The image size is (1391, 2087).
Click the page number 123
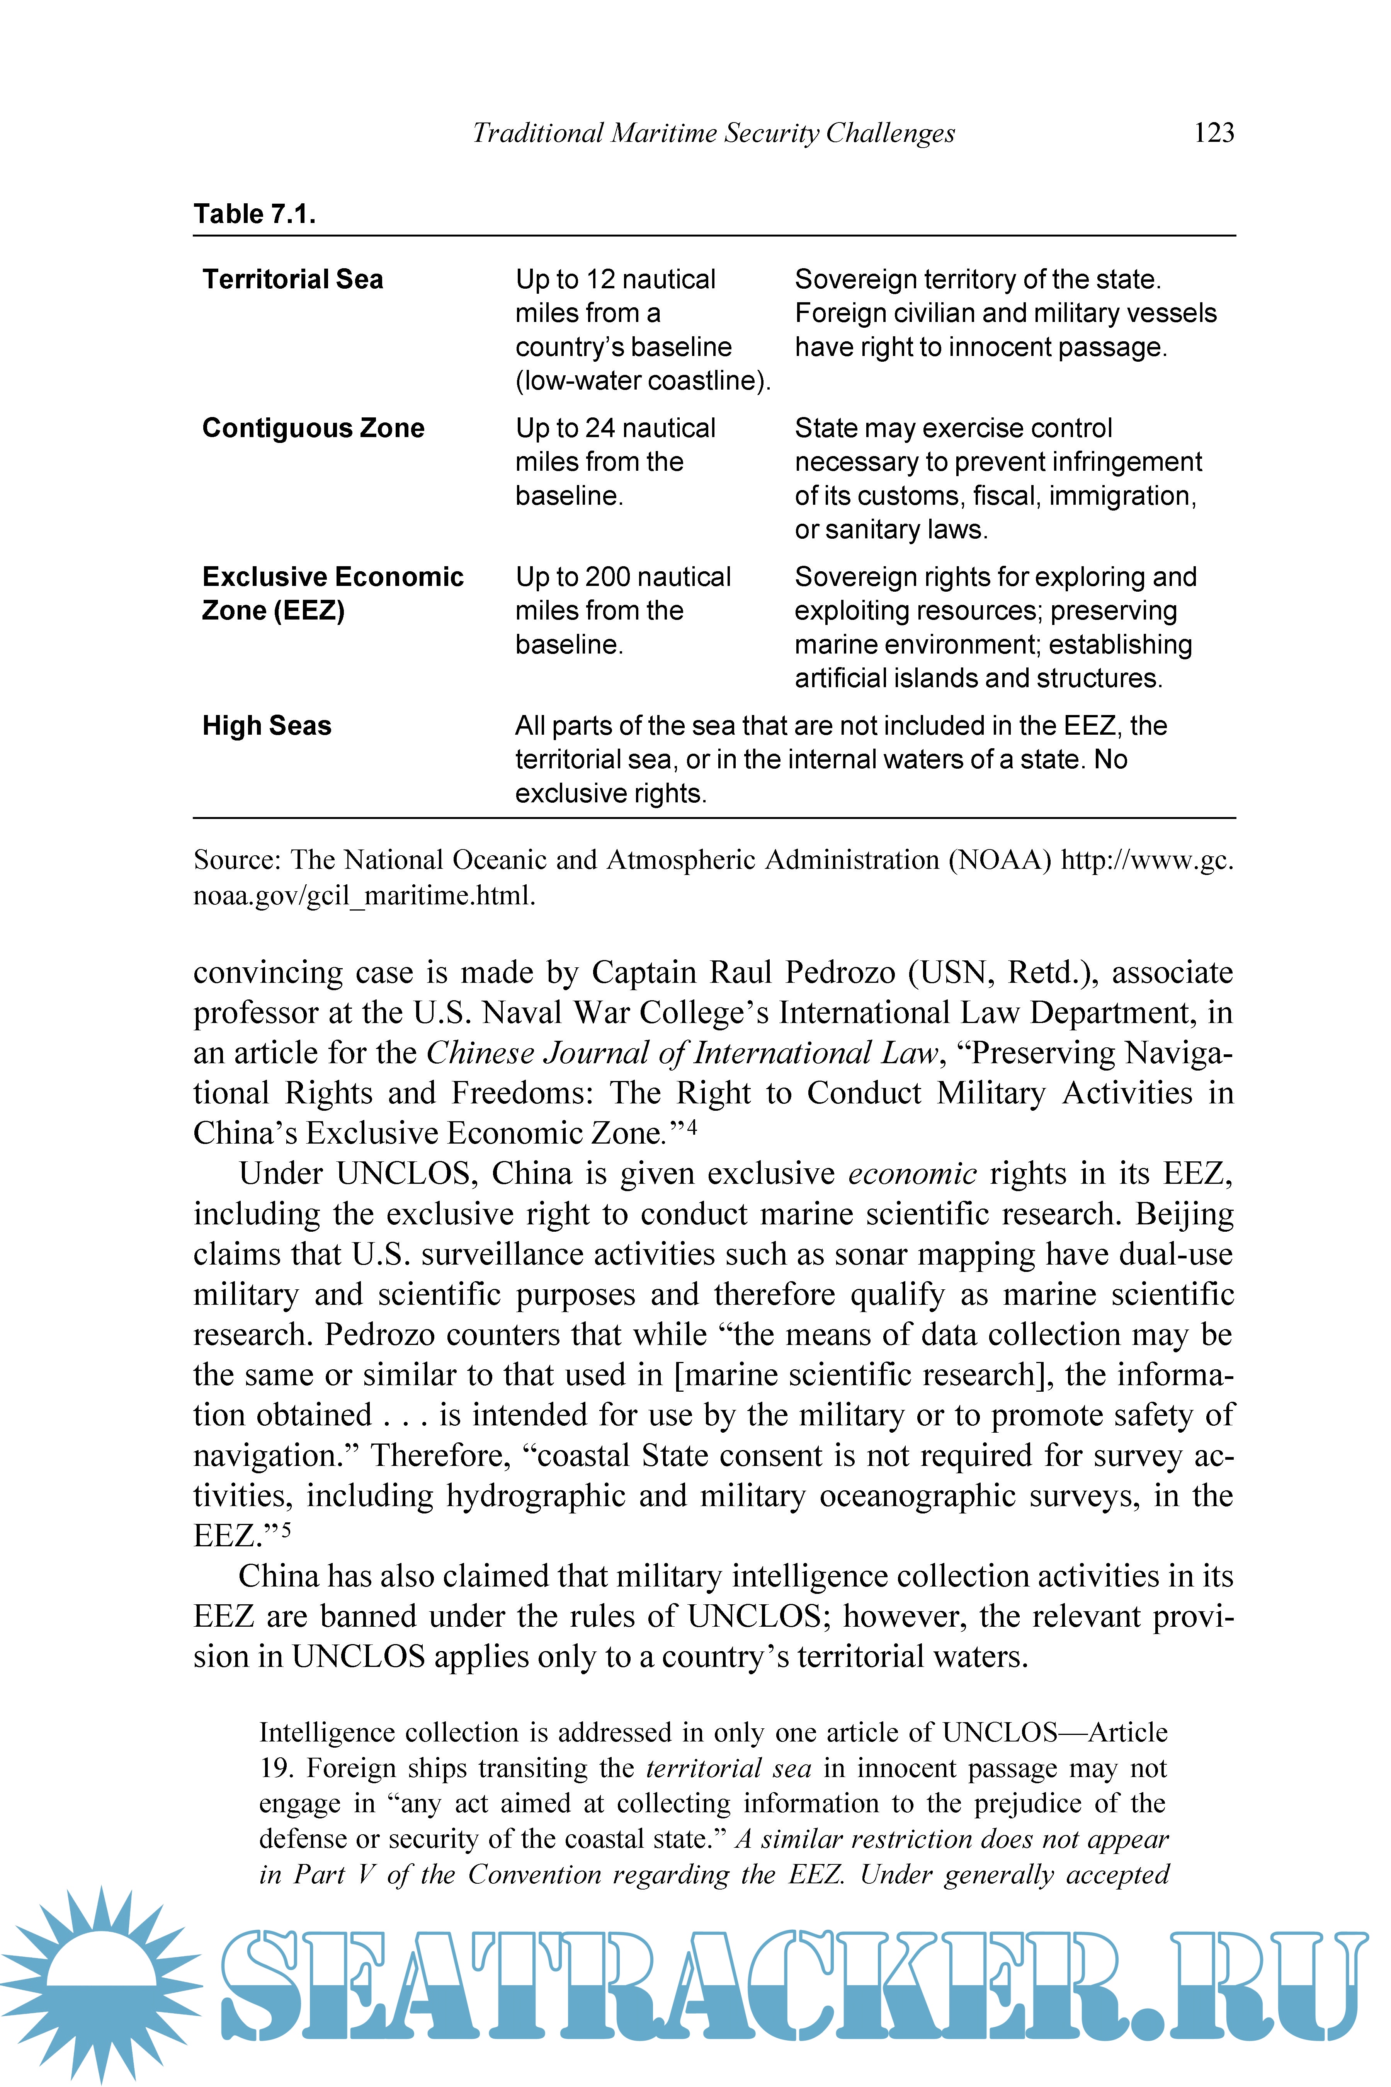click(1214, 133)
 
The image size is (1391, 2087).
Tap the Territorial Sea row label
click(293, 279)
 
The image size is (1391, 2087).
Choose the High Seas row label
click(266, 726)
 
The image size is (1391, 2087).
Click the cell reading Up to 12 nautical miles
click(616, 296)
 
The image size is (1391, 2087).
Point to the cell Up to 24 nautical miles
click(616, 444)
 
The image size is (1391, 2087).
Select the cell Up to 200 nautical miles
click(623, 594)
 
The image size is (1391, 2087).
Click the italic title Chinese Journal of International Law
click(681, 1053)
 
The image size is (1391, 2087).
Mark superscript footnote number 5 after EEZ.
click(286, 1529)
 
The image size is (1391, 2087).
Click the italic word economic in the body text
click(912, 1174)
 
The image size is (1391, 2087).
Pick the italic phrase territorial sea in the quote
click(728, 1769)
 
